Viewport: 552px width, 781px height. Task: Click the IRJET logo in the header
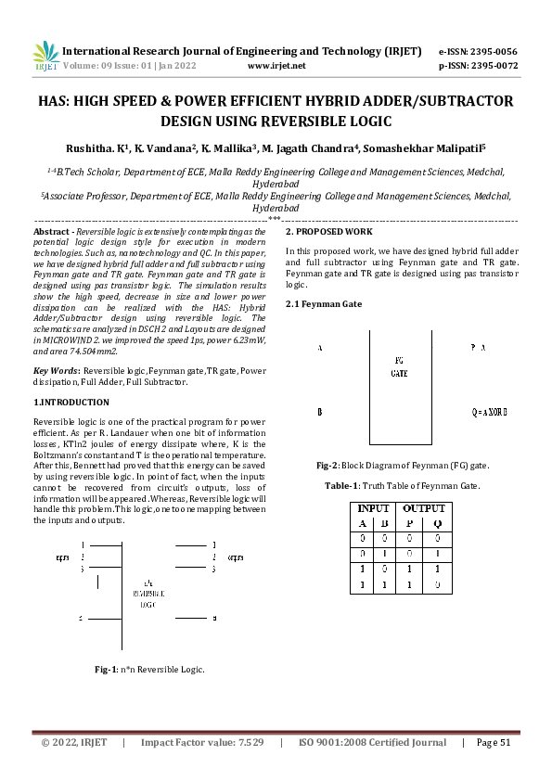pyautogui.click(x=45, y=58)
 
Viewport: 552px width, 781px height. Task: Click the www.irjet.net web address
pyautogui.click(x=277, y=67)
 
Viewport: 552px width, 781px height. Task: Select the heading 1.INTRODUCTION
pyautogui.click(x=71, y=403)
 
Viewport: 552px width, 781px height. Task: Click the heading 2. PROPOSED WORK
pyautogui.click(x=328, y=231)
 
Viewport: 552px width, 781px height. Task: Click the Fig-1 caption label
pyautogui.click(x=107, y=668)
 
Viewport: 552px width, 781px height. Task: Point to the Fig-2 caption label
pyautogui.click(x=327, y=465)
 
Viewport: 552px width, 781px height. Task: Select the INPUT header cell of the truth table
pyautogui.click(x=373, y=509)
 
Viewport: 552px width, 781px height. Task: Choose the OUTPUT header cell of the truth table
pyautogui.click(x=422, y=509)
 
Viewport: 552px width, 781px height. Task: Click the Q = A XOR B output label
pyautogui.click(x=489, y=412)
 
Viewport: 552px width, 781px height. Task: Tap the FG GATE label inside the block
pyautogui.click(x=399, y=366)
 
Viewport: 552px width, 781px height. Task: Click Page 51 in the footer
pyautogui.click(x=494, y=743)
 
